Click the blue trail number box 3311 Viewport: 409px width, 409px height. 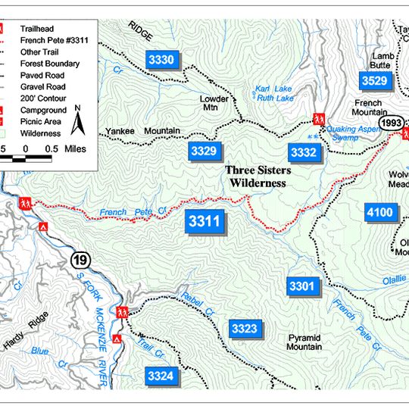(x=204, y=222)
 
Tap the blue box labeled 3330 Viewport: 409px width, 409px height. (x=161, y=60)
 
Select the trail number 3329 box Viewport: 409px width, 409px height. (x=204, y=151)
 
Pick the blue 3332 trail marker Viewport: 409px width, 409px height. (x=303, y=153)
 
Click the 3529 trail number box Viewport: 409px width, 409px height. (x=374, y=80)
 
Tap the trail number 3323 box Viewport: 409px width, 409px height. (x=245, y=328)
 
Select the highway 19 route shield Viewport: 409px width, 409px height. (x=80, y=261)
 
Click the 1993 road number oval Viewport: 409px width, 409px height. (x=392, y=123)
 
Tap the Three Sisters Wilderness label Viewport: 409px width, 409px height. (x=258, y=176)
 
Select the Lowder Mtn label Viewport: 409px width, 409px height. (x=214, y=103)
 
